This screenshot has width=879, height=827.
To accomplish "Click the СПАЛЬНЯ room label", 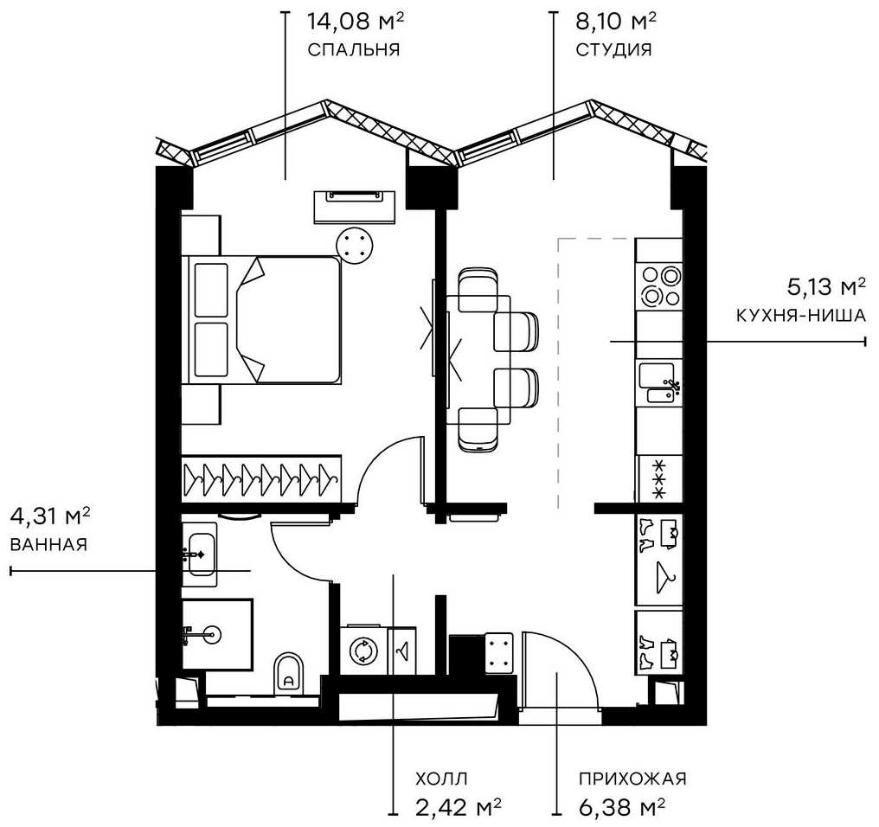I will pos(353,49).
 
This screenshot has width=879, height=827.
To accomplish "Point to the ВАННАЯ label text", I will pos(48,545).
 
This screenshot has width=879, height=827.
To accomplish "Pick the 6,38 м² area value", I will pos(622,808).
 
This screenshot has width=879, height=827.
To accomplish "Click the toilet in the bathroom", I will pos(289,672).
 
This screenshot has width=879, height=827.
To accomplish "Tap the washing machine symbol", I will pos(363,648).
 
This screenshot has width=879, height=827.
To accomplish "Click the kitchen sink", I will pos(659,384).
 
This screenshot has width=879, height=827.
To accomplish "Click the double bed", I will pos(264,319).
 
